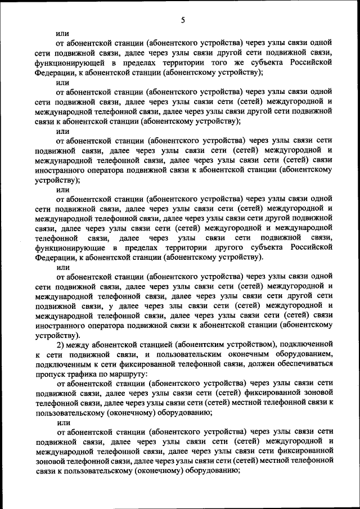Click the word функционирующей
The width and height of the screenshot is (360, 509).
tap(65, 63)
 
